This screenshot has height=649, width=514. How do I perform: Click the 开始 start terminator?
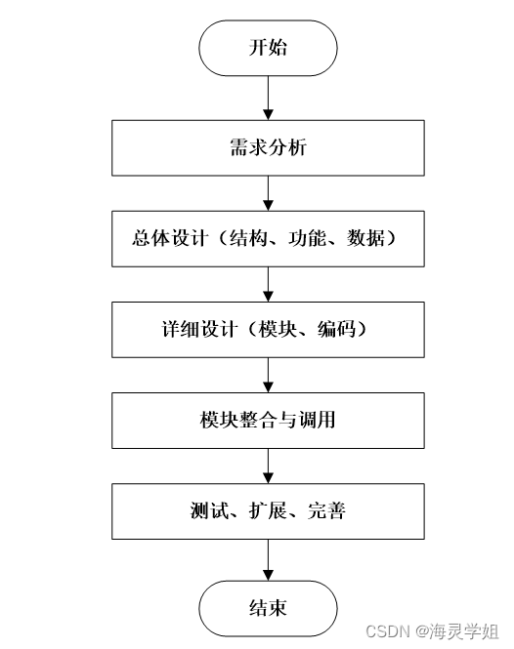point(268,48)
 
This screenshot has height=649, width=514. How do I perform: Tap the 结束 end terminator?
point(268,609)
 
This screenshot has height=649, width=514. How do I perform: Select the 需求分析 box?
point(268,148)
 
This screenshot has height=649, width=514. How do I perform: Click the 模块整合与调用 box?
point(268,421)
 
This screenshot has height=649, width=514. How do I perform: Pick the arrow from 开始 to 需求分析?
point(268,98)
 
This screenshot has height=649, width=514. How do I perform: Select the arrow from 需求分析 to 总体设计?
point(268,193)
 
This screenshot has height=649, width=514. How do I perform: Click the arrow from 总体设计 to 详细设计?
point(268,284)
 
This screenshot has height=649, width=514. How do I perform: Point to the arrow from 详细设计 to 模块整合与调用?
point(268,375)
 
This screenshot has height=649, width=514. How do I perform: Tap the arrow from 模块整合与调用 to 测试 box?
point(268,466)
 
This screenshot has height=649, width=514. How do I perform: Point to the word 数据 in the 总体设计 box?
point(364,239)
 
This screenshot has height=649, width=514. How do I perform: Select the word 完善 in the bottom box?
point(326,511)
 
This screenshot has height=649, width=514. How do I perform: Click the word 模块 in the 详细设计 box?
point(283,330)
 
